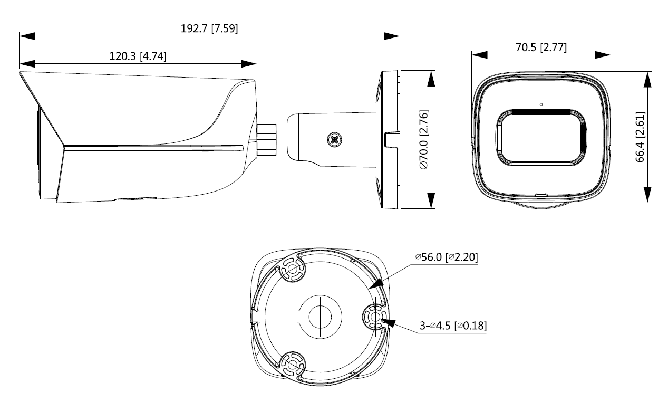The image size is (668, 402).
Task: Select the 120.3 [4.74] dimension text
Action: [138, 56]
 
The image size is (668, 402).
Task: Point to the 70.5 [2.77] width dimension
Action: [541, 47]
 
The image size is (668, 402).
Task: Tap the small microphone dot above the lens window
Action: [541, 104]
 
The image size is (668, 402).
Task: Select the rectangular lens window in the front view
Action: [541, 136]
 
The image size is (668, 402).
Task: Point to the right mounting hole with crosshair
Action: [374, 317]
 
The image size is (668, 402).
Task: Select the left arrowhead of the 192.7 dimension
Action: [26, 36]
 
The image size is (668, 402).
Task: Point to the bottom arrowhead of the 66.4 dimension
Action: [648, 195]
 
